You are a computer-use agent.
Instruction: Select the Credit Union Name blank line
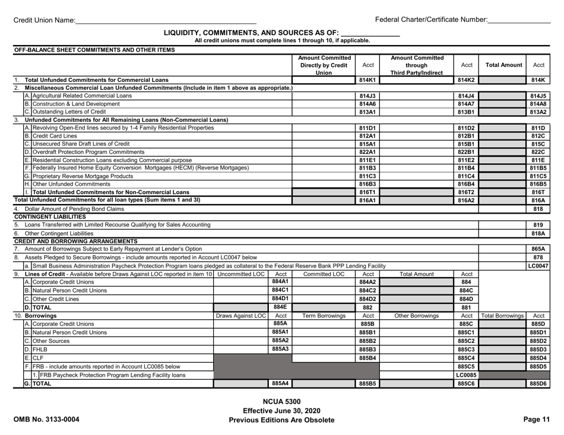[166, 20]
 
